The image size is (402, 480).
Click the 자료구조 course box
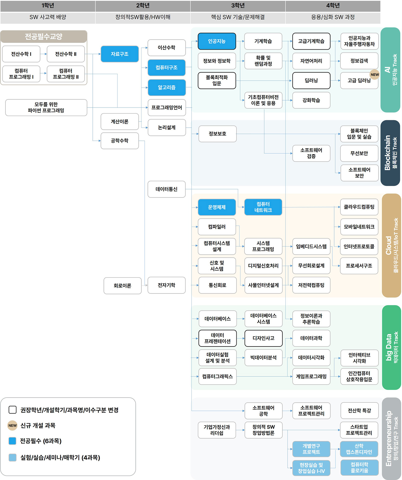click(120, 54)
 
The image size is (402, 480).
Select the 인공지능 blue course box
click(217, 41)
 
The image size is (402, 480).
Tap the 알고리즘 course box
click(166, 87)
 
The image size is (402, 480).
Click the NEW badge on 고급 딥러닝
click(375, 75)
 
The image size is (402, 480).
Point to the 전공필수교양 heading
click(44, 36)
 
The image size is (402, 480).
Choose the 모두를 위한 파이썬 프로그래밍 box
click(46, 108)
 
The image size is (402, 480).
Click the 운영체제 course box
click(217, 207)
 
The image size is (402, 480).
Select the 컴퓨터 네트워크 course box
click(263, 207)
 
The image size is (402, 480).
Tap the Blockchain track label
click(390, 153)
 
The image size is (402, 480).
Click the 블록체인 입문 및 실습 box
click(359, 134)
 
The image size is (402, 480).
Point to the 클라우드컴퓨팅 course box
click(359, 207)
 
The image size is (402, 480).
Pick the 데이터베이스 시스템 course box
click(263, 319)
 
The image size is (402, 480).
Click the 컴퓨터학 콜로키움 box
click(359, 467)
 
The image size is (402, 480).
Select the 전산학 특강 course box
click(359, 410)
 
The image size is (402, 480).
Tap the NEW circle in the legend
click(12, 425)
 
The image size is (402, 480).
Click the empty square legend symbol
click(13, 410)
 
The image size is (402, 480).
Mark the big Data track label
click(391, 347)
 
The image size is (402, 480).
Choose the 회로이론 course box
click(122, 286)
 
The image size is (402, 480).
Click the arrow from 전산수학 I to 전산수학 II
click(43, 54)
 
